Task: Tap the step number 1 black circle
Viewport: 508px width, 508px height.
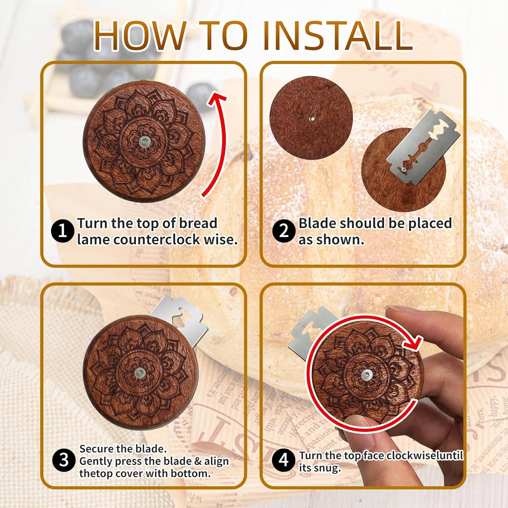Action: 62,231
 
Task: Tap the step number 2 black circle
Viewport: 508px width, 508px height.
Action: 283,231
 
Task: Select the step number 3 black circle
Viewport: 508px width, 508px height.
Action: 64,460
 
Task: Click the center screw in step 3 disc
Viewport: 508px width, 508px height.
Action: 140,373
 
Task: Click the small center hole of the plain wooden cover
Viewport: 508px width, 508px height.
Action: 312,118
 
